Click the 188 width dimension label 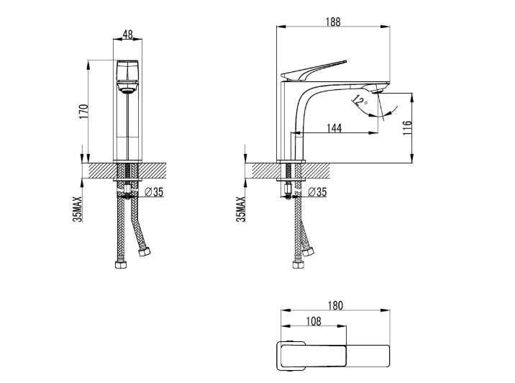(333, 22)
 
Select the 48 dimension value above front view (128, 34)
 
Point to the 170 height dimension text (83, 111)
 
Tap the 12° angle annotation (360, 102)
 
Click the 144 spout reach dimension (334, 128)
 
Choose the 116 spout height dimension (406, 127)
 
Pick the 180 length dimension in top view (335, 305)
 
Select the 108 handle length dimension (314, 321)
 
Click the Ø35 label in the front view (154, 191)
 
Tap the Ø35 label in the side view (318, 191)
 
